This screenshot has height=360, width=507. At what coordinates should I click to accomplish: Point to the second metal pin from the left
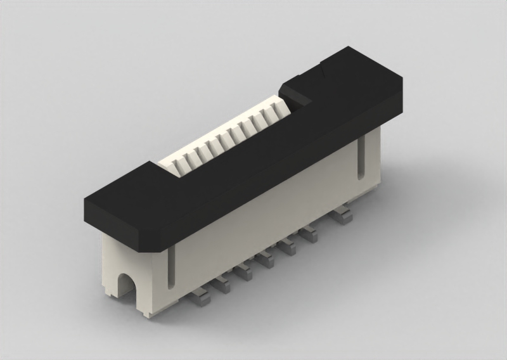pos(221,285)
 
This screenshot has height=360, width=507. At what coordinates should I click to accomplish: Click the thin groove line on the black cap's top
pos(323,70)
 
